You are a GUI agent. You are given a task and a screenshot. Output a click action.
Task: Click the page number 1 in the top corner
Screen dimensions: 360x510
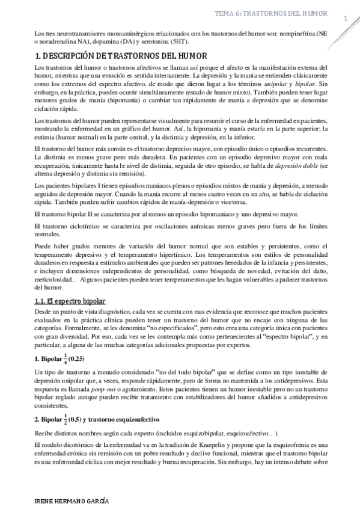(346, 19)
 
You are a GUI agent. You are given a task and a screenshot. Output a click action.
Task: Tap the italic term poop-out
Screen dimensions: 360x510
(95, 389)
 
